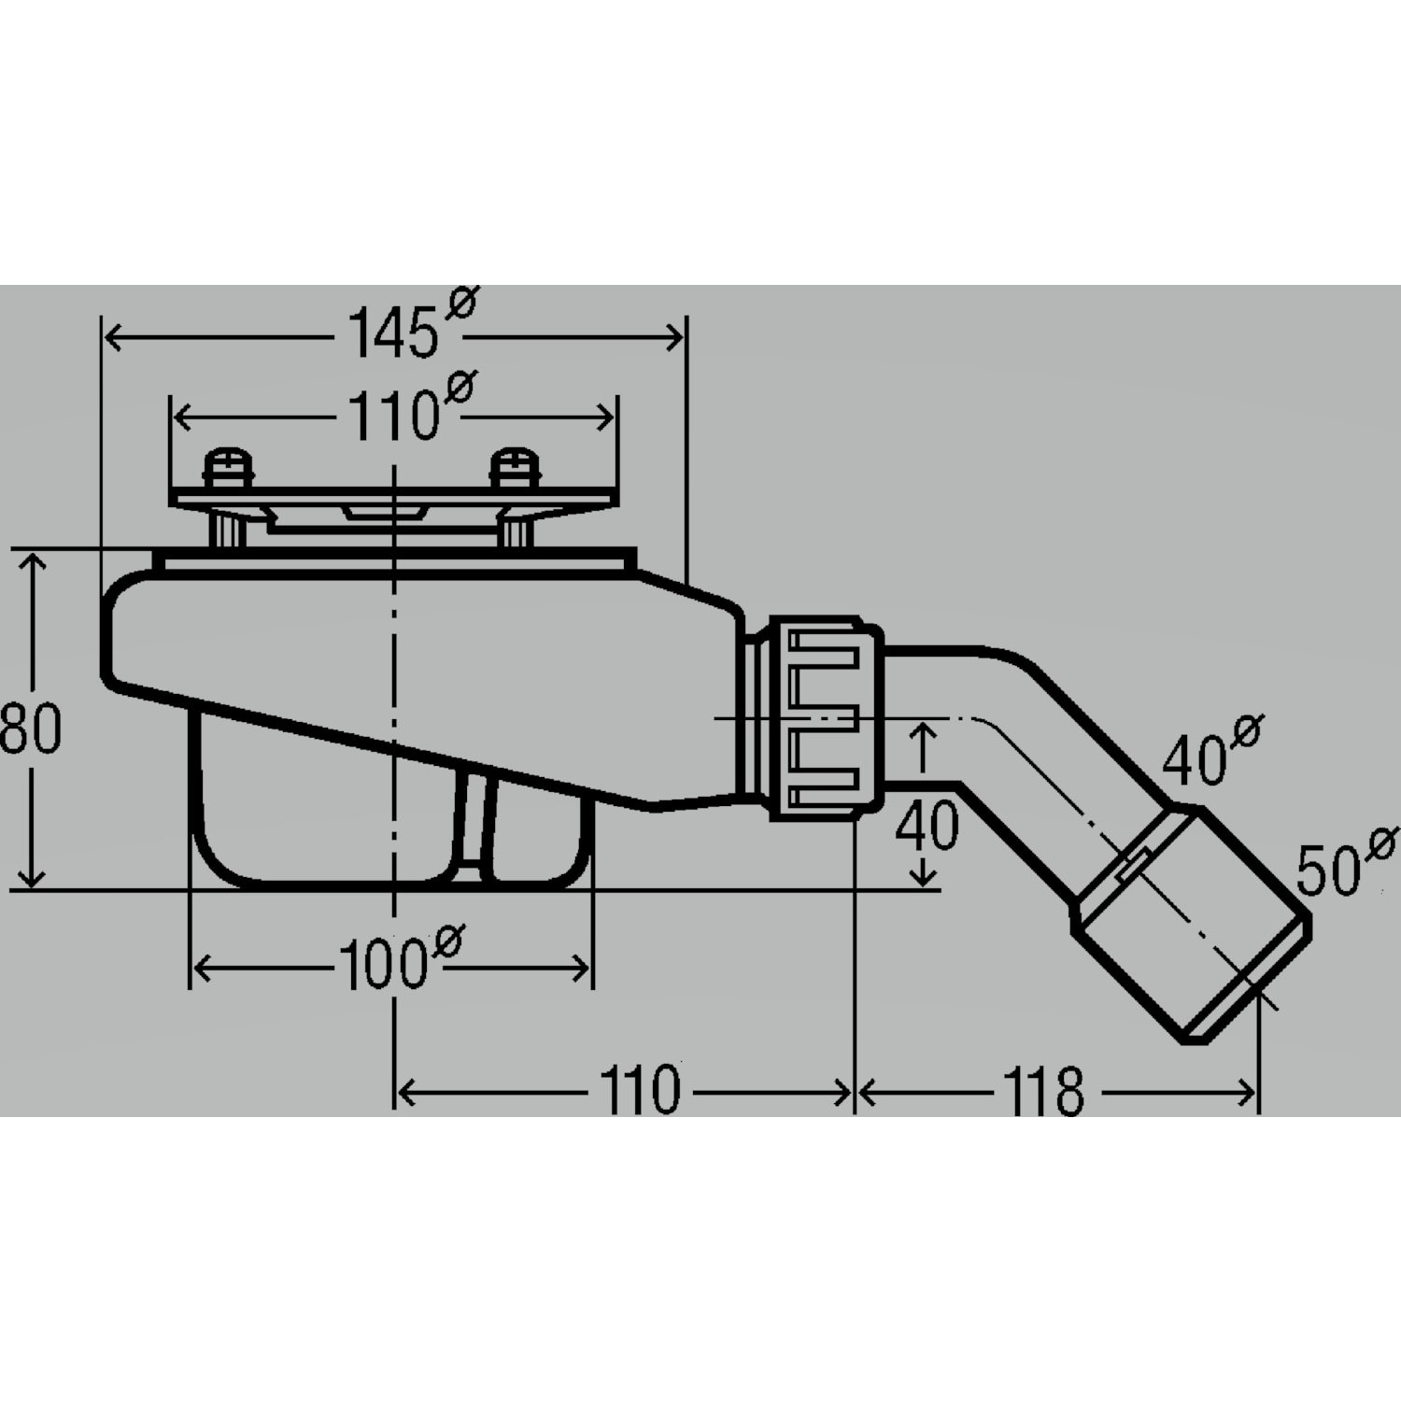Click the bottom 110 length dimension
coord(640,1090)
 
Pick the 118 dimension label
coord(1043,1090)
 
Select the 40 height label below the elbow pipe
coord(927,825)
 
